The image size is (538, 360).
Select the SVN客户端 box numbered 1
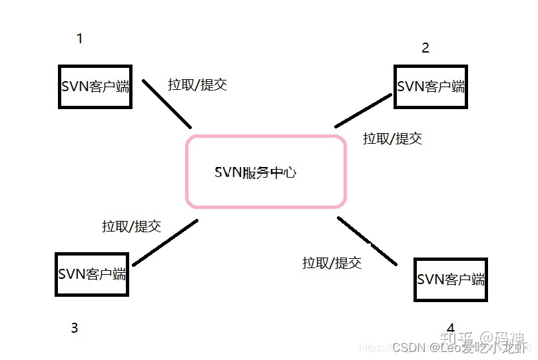95,87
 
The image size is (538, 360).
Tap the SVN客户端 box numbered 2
430,87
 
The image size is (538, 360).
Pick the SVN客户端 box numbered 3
91,273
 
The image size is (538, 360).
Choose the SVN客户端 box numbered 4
450,279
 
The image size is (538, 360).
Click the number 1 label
80,39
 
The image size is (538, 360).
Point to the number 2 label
425,47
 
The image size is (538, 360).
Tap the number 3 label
75,327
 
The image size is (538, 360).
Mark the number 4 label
451,328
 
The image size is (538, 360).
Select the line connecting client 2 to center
364,110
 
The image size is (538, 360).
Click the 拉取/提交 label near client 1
198,85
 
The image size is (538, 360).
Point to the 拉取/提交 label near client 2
392,138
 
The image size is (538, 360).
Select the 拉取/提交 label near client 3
131,226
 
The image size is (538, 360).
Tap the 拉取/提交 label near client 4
332,262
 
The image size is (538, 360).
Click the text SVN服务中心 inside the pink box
256,173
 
